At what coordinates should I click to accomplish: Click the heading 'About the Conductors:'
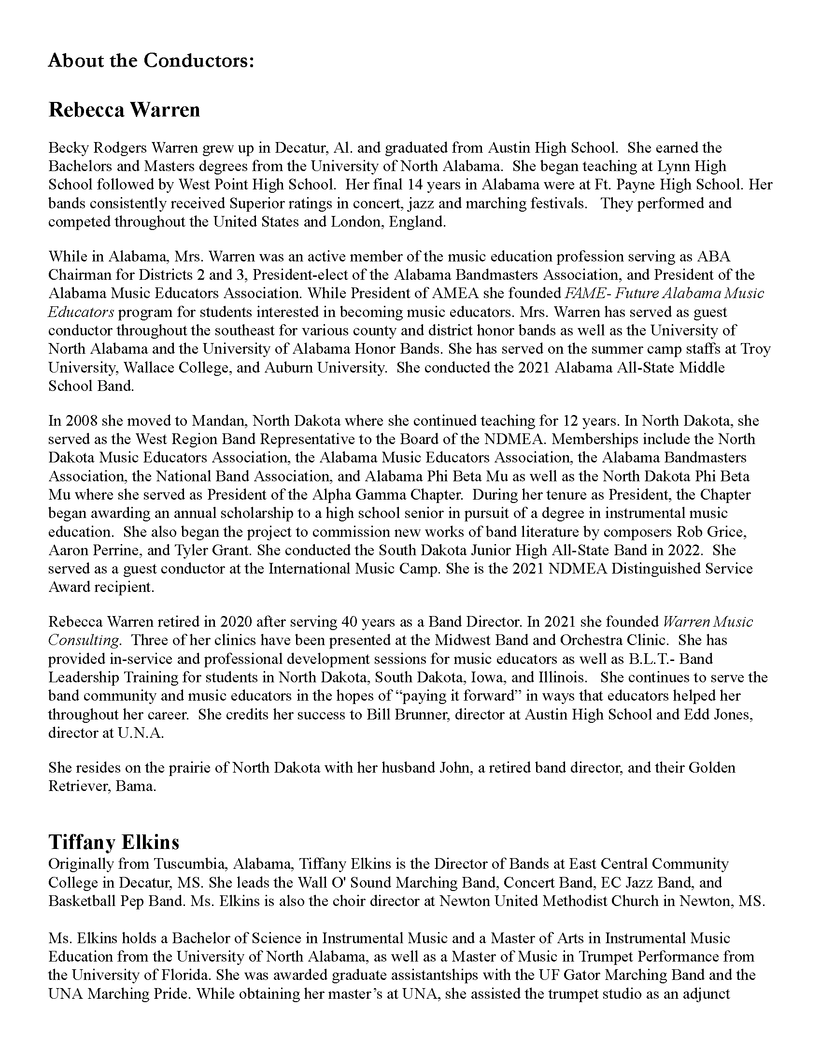151,61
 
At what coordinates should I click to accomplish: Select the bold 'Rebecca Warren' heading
124,110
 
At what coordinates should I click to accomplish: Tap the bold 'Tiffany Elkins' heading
114,842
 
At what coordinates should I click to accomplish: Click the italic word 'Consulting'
83,640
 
